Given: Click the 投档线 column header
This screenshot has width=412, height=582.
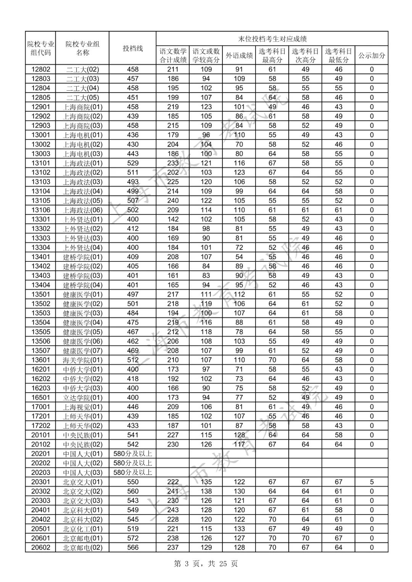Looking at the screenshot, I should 132,48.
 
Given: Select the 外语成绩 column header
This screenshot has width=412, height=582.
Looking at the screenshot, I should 239,56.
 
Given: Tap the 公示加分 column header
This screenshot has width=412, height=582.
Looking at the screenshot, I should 372,56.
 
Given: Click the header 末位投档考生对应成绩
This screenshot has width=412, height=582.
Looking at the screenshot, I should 272,39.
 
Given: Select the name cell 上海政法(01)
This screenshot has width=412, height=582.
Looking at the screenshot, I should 82,163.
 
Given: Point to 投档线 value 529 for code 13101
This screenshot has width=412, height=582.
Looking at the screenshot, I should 133,163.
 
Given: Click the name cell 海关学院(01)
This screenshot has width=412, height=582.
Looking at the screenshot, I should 82,360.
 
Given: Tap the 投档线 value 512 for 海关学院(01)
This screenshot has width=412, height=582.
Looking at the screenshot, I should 133,360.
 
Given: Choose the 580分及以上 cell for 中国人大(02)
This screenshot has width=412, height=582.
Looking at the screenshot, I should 133,463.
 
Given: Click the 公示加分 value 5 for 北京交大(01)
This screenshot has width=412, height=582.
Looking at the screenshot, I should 372,482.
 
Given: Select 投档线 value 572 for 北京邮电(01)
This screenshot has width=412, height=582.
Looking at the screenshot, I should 133,538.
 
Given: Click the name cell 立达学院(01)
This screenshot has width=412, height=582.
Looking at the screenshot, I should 82,398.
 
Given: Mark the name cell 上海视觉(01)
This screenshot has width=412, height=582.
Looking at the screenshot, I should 82,407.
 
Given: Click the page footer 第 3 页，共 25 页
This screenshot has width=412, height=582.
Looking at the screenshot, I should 206,564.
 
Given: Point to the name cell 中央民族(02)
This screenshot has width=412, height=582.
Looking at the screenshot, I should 82,444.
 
